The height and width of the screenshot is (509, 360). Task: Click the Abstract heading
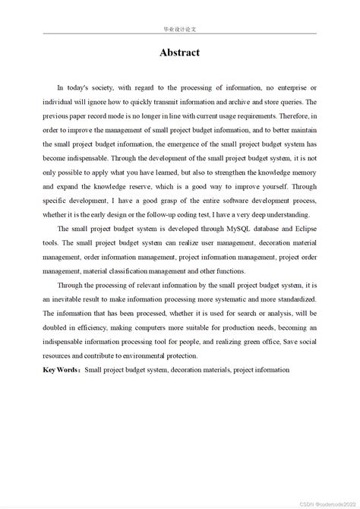point(179,52)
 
